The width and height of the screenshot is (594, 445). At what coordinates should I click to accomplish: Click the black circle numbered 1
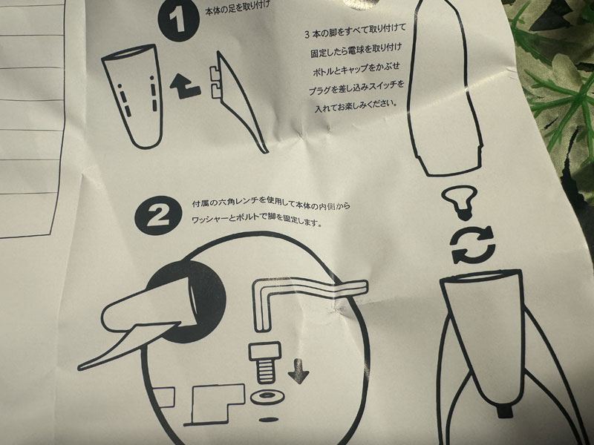pos(179,20)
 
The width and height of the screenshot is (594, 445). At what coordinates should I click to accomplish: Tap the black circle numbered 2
pos(158,216)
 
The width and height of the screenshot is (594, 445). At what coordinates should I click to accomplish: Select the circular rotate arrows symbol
pos(474,245)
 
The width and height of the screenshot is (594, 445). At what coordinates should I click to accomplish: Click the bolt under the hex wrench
pos(265,363)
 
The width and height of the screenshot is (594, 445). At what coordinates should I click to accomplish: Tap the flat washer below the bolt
pos(267,398)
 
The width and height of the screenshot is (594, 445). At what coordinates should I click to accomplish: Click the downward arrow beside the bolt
pos(298,372)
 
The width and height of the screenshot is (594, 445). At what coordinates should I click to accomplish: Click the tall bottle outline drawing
pos(444,88)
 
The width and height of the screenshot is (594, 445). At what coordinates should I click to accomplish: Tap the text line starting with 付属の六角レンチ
pos(271,205)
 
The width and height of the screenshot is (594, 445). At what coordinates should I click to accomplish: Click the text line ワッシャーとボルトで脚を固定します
pos(257,220)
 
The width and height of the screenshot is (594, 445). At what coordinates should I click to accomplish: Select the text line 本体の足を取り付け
pos(238,8)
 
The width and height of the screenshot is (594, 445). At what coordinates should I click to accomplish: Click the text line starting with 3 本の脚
pos(356,30)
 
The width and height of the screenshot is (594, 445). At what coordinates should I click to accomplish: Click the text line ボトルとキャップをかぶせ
pos(356,68)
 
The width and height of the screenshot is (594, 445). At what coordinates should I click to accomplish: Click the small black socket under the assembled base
pos(504,411)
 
